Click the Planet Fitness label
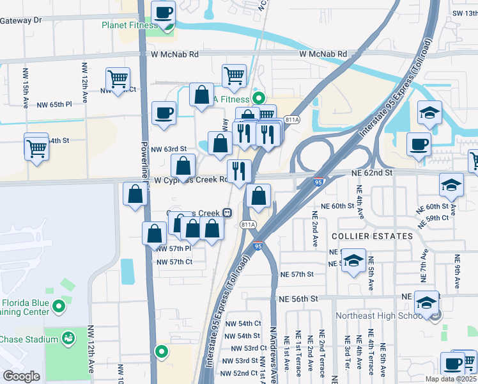128,26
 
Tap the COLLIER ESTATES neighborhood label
372,236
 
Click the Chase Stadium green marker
68,338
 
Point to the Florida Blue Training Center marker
59,307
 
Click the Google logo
21,376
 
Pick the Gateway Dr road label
20,20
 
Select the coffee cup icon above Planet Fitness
164,12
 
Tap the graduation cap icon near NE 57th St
353,260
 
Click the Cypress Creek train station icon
227,213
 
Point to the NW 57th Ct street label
174,262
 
